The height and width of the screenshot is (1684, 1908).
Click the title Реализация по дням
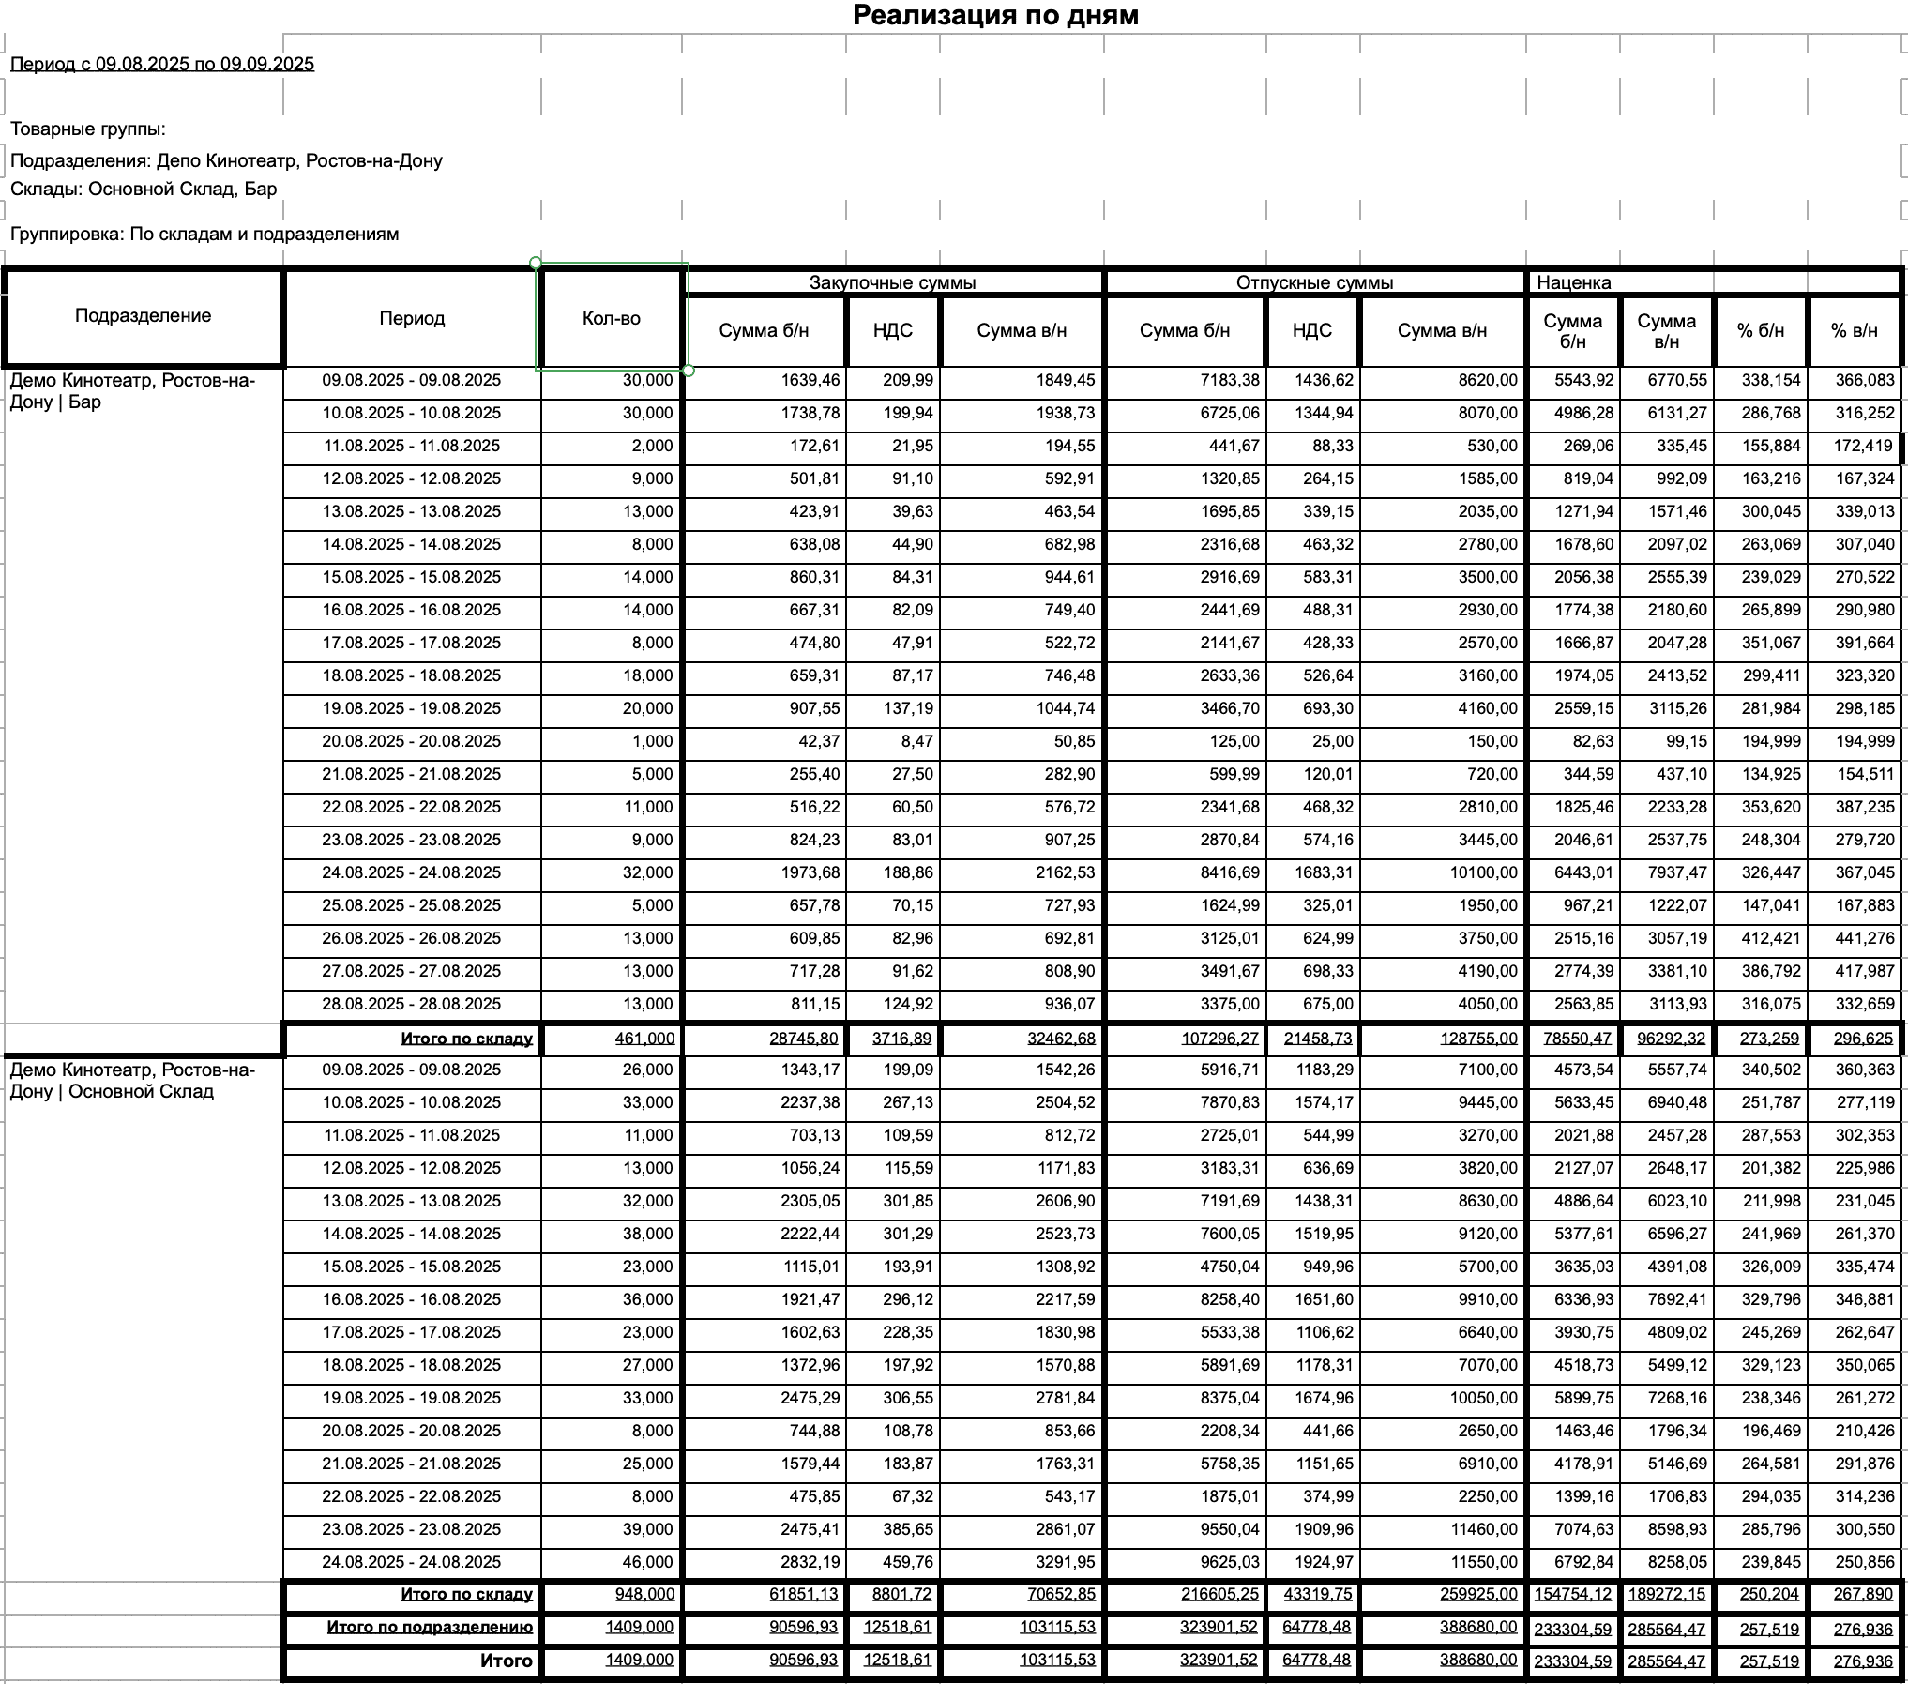click(995, 15)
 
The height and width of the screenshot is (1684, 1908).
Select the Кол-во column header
click(611, 318)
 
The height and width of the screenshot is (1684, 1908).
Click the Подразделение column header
click(143, 315)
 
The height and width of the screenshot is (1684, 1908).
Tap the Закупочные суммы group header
click(892, 282)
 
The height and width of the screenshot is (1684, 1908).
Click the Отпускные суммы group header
click(1314, 282)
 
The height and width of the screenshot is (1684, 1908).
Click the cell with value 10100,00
click(1477, 872)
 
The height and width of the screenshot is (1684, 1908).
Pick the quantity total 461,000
click(644, 1039)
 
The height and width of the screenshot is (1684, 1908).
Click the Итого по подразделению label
click(430, 1628)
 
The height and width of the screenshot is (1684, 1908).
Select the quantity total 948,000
click(644, 1594)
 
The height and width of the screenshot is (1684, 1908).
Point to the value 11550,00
click(1477, 1562)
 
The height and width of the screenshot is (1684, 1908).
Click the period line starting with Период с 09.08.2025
click(162, 64)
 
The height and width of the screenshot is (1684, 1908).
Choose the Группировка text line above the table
click(204, 234)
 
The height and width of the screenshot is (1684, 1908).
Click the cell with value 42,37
click(817, 741)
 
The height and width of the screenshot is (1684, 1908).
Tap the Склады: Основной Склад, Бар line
click(144, 189)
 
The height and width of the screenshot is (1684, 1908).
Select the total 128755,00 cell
click(1477, 1039)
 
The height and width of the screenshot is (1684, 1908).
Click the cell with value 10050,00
click(1477, 1398)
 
